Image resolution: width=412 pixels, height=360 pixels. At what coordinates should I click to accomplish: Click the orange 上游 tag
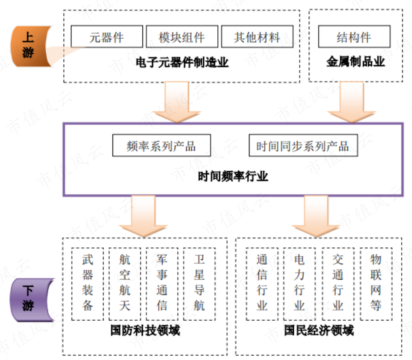click(29, 46)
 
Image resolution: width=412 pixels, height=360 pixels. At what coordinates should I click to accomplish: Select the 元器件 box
click(107, 37)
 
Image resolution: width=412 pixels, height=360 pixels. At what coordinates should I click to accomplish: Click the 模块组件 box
click(182, 37)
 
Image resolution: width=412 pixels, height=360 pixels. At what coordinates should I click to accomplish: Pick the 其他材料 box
click(257, 37)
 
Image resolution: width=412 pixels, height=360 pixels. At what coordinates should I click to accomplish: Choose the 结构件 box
click(354, 37)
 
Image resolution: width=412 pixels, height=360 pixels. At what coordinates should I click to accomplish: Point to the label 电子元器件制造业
click(182, 63)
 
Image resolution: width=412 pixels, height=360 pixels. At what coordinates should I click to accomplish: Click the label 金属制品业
click(356, 62)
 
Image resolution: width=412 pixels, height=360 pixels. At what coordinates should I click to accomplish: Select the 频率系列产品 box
click(161, 146)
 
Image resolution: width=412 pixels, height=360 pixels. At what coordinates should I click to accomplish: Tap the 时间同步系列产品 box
click(303, 146)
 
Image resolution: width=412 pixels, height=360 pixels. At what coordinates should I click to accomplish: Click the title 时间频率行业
click(233, 176)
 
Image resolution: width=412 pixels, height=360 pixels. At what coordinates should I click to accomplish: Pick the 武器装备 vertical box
click(88, 283)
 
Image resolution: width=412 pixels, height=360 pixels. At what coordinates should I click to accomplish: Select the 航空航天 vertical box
click(125, 283)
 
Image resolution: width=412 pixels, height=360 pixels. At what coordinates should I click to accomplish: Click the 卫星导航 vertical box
click(199, 283)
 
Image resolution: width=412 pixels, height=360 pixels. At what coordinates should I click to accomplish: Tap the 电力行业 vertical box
click(299, 283)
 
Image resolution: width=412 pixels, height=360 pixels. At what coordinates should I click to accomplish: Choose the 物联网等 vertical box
click(376, 283)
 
